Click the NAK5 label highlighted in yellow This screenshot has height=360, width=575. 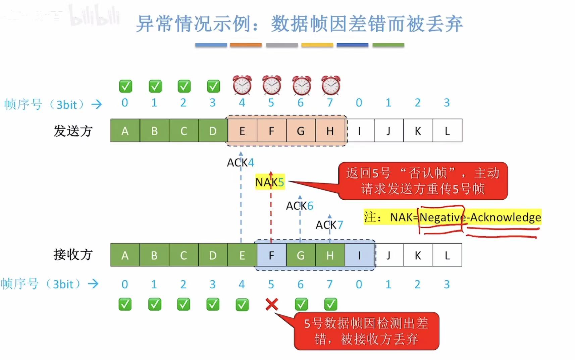click(270, 182)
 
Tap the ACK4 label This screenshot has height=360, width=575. click(240, 163)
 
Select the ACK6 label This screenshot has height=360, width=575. click(299, 206)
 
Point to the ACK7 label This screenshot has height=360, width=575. click(329, 225)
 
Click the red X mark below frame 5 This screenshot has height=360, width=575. click(271, 304)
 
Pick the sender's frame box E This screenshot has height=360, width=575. click(242, 131)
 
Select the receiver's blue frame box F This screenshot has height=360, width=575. click(271, 255)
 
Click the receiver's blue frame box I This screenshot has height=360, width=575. click(359, 255)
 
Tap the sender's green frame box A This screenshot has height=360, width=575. click(125, 131)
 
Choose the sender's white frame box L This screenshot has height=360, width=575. click(447, 131)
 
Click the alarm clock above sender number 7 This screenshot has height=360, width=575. click(330, 85)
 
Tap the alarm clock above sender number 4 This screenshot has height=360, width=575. click(242, 85)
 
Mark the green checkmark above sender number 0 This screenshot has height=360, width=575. click(125, 86)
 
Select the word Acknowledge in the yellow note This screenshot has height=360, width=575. click(505, 217)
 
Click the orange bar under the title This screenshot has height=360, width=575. click(246, 45)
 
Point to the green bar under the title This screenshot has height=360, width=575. click(388, 45)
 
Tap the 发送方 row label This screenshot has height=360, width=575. click(73, 131)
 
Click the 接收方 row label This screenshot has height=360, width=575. click(73, 255)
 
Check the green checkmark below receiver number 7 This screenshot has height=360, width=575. click(330, 304)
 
